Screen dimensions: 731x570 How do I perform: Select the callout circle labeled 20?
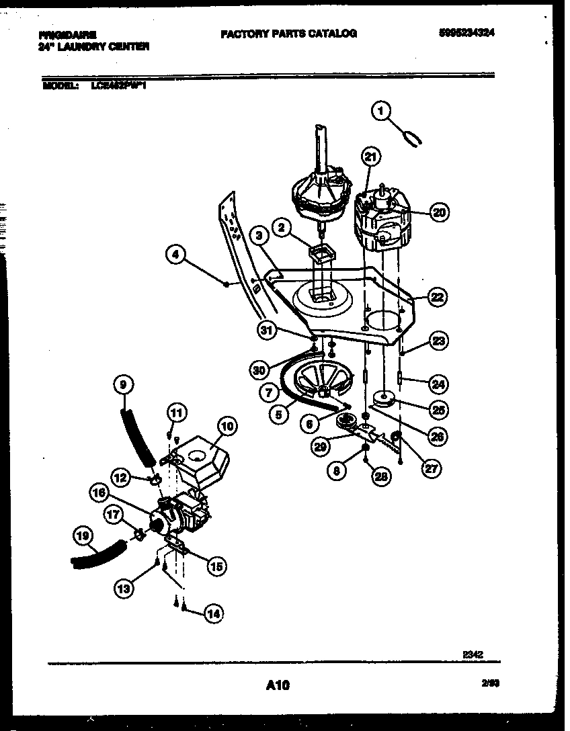coord(438,213)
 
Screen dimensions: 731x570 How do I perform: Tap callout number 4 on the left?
coord(176,255)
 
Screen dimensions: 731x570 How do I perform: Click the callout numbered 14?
coord(213,613)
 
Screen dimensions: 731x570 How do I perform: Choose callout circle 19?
coord(82,536)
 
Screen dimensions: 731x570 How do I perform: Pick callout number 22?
coord(438,296)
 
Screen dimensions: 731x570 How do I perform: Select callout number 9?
coord(123,385)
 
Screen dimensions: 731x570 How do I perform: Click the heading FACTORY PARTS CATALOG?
coord(288,33)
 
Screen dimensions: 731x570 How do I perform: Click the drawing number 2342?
coord(473,652)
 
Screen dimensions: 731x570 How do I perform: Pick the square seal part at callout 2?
coord(322,254)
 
